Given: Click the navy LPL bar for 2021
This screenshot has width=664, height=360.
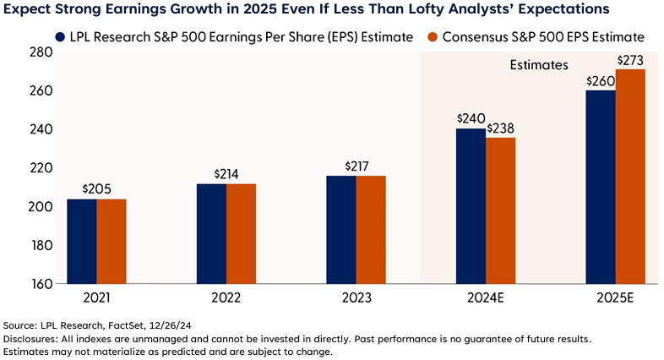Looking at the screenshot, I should (x=82, y=241).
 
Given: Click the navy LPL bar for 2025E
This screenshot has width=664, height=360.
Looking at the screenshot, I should (x=601, y=187).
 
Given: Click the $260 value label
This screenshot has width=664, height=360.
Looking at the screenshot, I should (x=599, y=81).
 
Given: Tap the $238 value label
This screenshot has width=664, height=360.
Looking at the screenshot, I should (x=501, y=128).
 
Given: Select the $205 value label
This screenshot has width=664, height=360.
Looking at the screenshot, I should (x=97, y=190).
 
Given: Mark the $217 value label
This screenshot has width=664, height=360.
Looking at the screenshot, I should (x=356, y=166).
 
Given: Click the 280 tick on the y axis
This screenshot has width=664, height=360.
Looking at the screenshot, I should (x=41, y=52).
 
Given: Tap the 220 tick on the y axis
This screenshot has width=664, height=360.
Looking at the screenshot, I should (x=41, y=168).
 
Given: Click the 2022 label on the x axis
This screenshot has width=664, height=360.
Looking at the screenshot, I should (x=226, y=298).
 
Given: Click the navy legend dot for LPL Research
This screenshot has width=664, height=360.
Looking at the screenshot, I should (x=60, y=37).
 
